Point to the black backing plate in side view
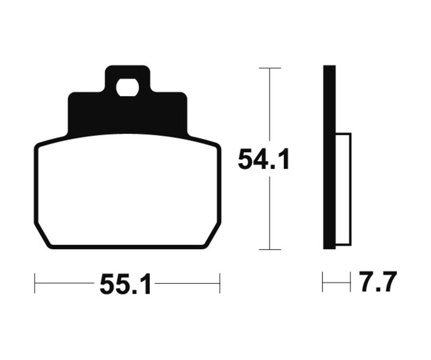point(329,157)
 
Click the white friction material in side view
point(343,190)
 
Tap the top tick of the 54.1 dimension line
point(270,68)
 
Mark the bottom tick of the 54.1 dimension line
point(270,249)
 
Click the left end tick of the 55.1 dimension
point(35,283)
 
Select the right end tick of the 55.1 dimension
point(220,283)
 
